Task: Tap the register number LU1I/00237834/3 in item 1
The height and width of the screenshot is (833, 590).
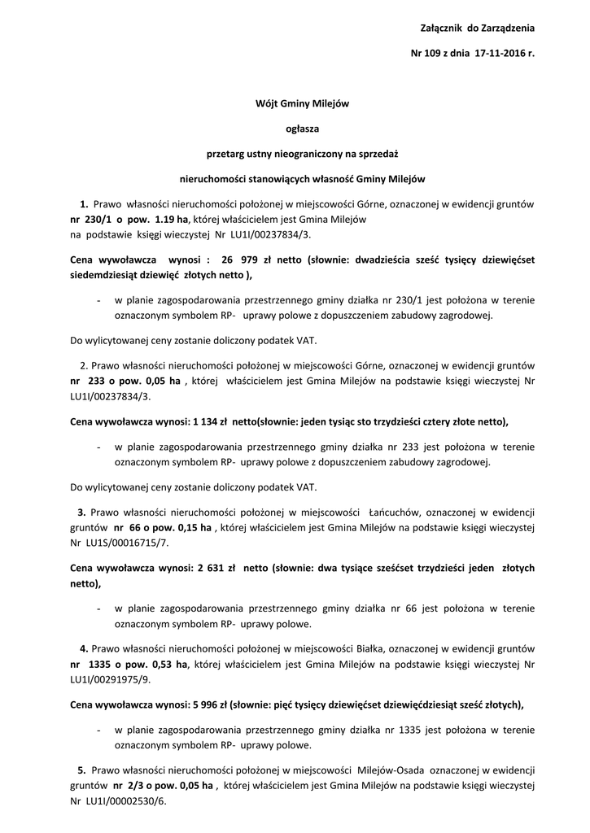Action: point(269,234)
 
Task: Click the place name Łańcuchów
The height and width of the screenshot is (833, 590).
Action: point(394,512)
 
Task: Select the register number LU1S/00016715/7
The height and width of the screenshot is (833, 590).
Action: point(125,543)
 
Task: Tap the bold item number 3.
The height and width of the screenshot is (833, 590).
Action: point(81,512)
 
